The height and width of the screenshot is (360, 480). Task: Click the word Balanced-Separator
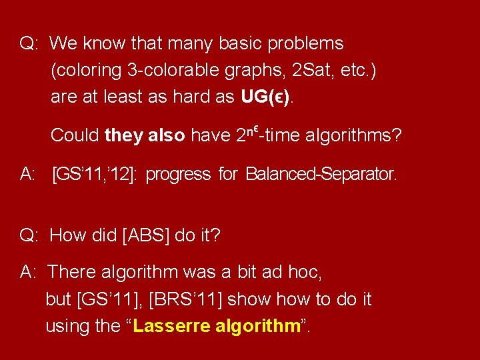tap(321, 175)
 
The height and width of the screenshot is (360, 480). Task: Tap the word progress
tap(178, 175)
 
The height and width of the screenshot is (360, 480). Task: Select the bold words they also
tap(145, 136)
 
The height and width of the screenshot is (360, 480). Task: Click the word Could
tap(75, 136)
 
